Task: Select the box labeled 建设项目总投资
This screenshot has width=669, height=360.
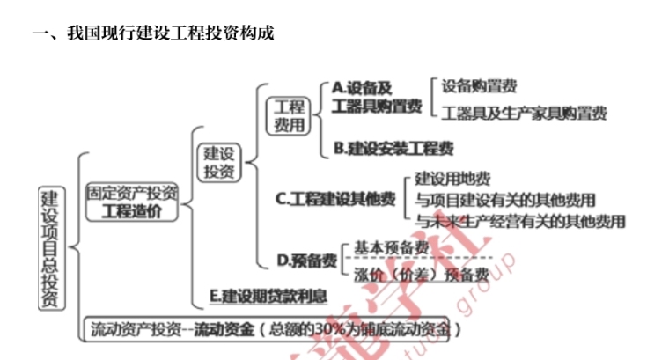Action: [x=50, y=247]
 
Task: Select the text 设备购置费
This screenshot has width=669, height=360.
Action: [x=479, y=86]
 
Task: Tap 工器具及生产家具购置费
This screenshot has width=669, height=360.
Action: [x=525, y=114]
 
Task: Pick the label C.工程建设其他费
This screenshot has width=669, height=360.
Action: [x=335, y=199]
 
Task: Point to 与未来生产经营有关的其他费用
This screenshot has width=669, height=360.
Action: [x=519, y=220]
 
